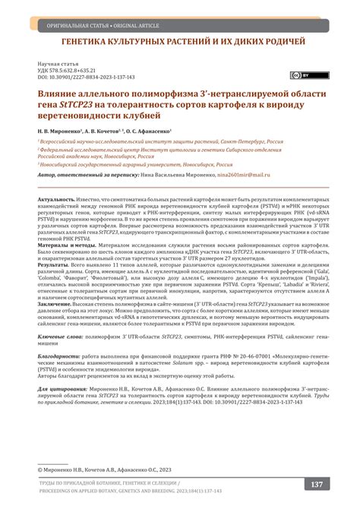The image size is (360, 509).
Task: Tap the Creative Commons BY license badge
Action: (x=300, y=75)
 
